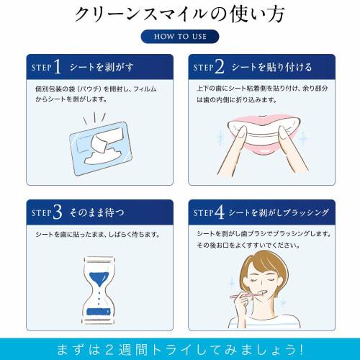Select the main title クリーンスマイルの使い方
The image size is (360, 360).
click(x=179, y=14)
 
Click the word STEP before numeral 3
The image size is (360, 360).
click(x=42, y=212)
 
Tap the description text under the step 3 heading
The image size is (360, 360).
click(x=96, y=235)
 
